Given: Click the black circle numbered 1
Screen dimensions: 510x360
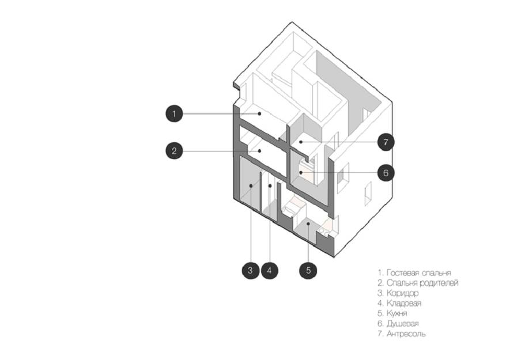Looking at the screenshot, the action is click(x=175, y=114).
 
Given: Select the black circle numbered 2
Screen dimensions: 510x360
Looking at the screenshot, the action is click(x=175, y=151).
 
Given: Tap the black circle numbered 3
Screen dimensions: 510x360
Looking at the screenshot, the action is click(x=251, y=270).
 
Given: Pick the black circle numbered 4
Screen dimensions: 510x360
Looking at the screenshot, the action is click(x=269, y=270).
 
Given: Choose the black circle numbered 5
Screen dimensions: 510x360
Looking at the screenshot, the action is click(x=308, y=270).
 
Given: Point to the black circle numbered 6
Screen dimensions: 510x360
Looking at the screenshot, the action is click(x=386, y=173).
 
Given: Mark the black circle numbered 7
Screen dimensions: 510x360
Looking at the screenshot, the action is click(x=386, y=142).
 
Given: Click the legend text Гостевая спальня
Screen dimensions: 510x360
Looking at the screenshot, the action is click(x=418, y=273).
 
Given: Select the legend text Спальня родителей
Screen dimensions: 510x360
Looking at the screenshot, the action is click(x=422, y=283).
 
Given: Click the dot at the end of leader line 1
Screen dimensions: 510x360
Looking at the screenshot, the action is click(x=259, y=113).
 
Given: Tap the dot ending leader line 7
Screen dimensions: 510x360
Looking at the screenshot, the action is click(x=301, y=142).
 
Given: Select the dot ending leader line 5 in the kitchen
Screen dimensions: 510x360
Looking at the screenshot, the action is click(x=308, y=223).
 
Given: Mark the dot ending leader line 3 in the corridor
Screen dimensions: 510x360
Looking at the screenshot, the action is click(x=251, y=185).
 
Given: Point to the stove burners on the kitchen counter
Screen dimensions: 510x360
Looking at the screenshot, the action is click(x=324, y=231).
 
